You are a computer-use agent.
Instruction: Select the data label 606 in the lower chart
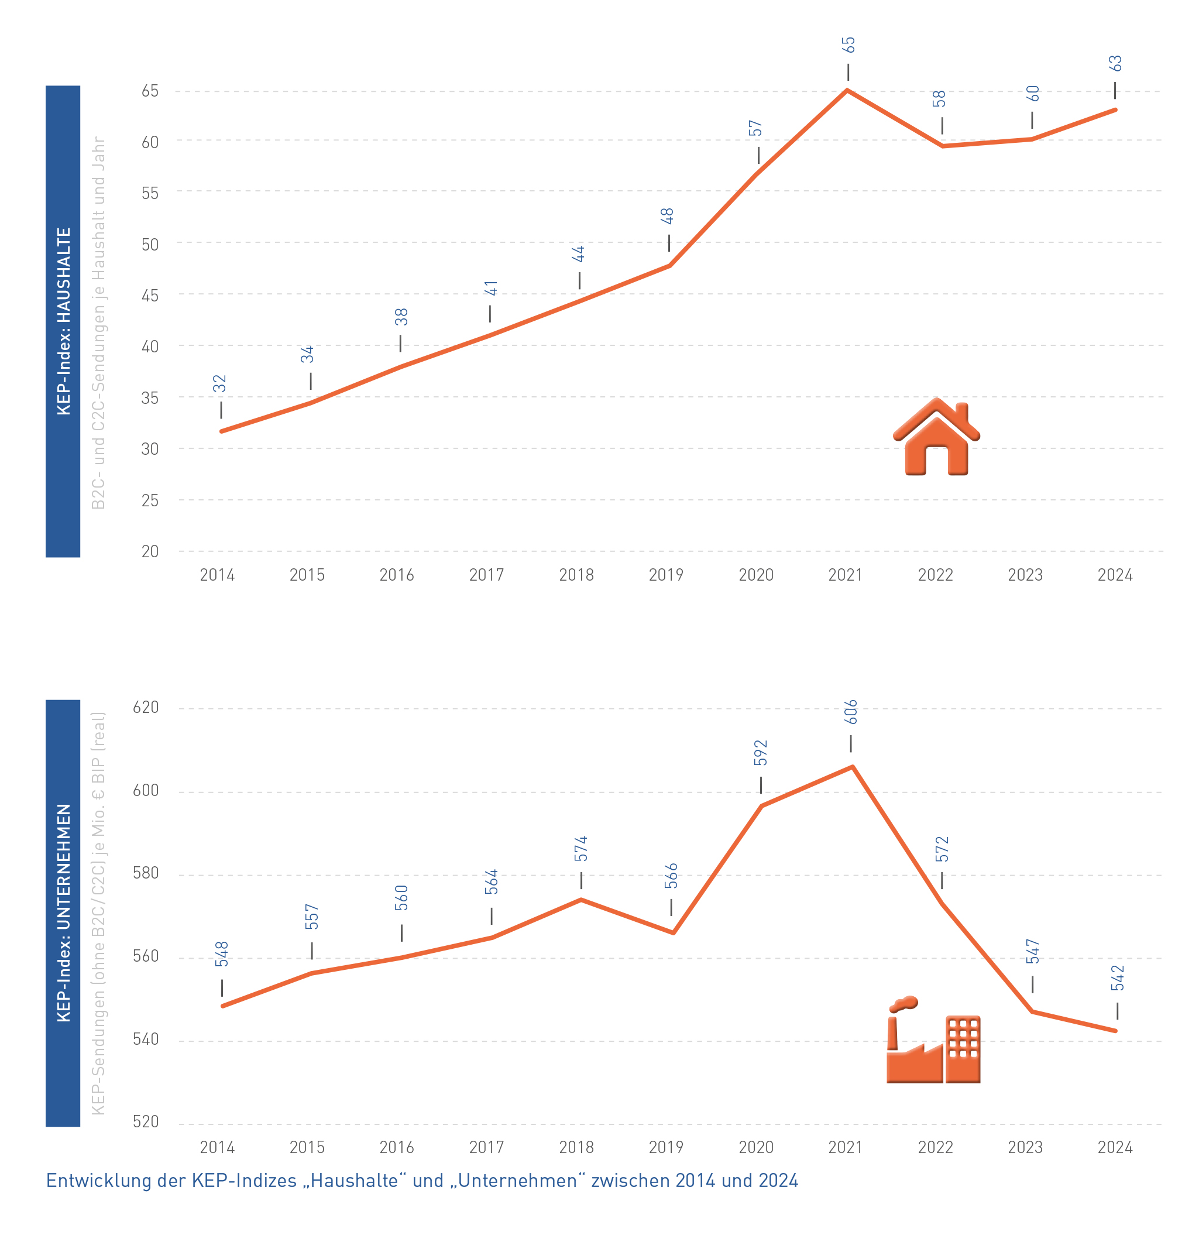(x=851, y=711)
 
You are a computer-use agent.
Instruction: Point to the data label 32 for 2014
(x=219, y=383)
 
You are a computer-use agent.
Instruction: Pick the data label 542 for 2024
(x=1118, y=978)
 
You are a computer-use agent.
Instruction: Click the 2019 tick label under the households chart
(x=666, y=575)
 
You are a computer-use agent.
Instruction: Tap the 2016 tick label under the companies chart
(x=396, y=1147)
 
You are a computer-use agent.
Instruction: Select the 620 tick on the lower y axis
(x=146, y=707)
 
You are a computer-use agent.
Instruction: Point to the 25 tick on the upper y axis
(x=150, y=500)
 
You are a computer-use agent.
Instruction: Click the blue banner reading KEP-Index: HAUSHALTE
(x=63, y=321)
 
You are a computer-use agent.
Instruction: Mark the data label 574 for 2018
(x=581, y=849)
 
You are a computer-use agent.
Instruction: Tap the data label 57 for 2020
(x=755, y=129)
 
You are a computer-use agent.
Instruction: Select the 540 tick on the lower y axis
(x=146, y=1039)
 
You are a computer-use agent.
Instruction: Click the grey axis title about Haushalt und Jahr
(x=98, y=323)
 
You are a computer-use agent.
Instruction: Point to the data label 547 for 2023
(x=1033, y=952)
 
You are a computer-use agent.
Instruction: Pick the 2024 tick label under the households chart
(x=1115, y=575)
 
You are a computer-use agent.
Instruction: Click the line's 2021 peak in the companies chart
(x=853, y=767)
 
